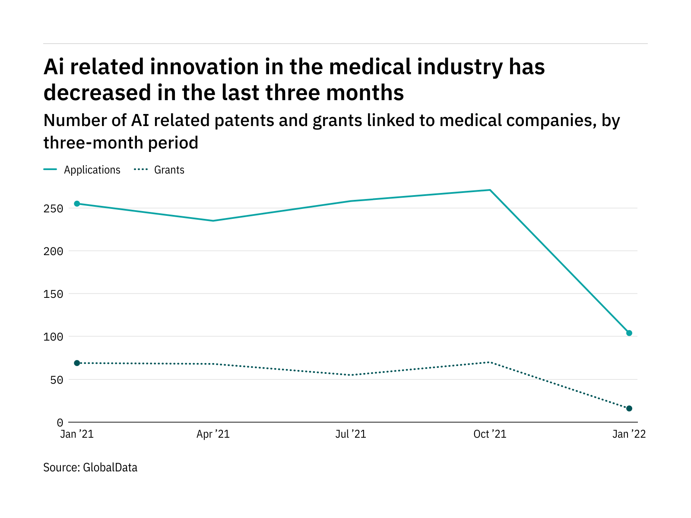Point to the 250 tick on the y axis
[x=54, y=209]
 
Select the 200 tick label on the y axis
[x=54, y=252]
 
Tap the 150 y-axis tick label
[x=54, y=294]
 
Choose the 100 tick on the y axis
[x=54, y=337]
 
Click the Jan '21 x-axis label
[x=77, y=434]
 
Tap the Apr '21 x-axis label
[x=213, y=434]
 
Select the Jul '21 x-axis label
[x=351, y=434]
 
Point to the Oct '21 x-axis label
[x=490, y=434]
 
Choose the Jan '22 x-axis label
[x=629, y=434]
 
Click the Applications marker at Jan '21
[x=77, y=204]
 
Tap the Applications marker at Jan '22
[x=629, y=333]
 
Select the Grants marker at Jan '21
[x=77, y=363]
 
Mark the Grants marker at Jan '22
[x=629, y=408]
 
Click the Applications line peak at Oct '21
[x=490, y=190]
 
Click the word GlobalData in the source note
[x=110, y=467]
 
